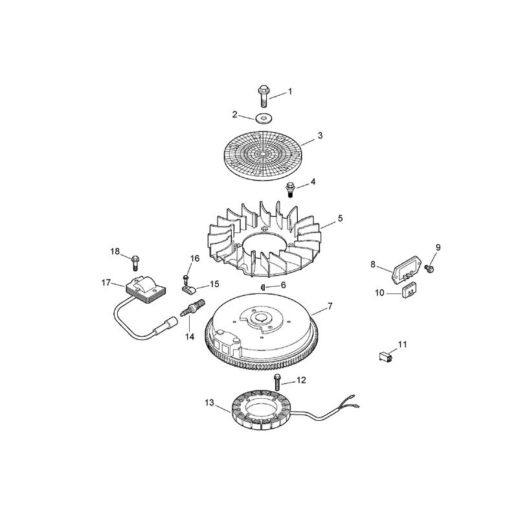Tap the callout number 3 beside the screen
pyautogui.click(x=320, y=135)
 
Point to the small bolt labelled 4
pyautogui.click(x=290, y=189)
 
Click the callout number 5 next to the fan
pyautogui.click(x=340, y=218)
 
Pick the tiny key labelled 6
pyautogui.click(x=263, y=286)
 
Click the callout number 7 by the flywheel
pyautogui.click(x=330, y=306)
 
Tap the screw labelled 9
pyautogui.click(x=429, y=269)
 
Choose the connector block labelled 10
pyautogui.click(x=409, y=290)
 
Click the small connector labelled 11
pyautogui.click(x=385, y=357)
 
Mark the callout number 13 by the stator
pyautogui.click(x=209, y=403)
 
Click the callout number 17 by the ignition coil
pyautogui.click(x=106, y=283)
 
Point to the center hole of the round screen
pyautogui.click(x=262, y=154)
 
